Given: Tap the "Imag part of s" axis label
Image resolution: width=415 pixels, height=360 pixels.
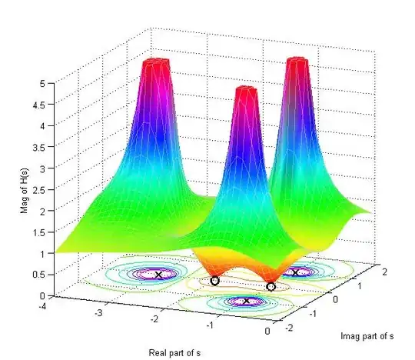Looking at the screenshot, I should [367, 336].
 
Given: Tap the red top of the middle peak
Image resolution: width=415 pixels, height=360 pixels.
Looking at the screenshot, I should [245, 92].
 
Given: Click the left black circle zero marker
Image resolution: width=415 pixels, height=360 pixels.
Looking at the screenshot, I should [214, 281].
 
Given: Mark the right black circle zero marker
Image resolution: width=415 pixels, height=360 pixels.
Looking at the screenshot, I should [271, 287].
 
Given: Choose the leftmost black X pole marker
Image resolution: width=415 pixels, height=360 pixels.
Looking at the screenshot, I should [159, 275].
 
